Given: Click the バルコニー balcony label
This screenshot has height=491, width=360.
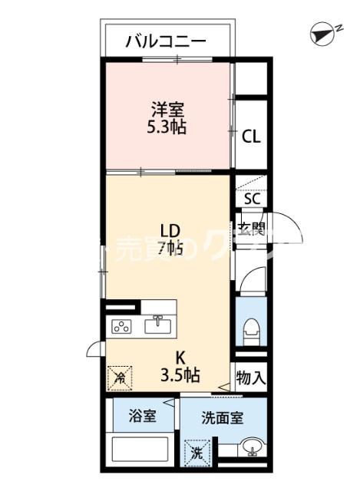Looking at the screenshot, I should (x=166, y=41).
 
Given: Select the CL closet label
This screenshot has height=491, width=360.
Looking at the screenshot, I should (x=251, y=137).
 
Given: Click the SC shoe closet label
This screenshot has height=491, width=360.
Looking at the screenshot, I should (x=252, y=198).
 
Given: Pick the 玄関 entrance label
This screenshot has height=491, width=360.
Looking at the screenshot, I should (x=251, y=228).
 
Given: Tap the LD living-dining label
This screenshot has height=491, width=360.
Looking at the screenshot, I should (x=170, y=230).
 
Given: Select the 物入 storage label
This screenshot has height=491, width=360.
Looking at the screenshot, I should (x=251, y=377).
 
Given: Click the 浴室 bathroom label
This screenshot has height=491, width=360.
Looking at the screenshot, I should (x=141, y=417).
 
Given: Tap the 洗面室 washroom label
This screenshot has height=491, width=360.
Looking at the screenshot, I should (x=223, y=418).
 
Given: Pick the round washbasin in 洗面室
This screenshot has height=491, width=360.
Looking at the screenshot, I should (x=250, y=449).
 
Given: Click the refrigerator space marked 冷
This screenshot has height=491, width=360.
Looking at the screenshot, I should (x=121, y=376).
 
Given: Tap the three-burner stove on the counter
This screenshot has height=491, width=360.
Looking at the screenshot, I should (x=123, y=326).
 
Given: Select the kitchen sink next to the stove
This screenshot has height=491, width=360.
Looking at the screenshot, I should (x=159, y=325).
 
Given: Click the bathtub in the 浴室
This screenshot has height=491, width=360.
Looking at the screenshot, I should (x=142, y=450).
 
